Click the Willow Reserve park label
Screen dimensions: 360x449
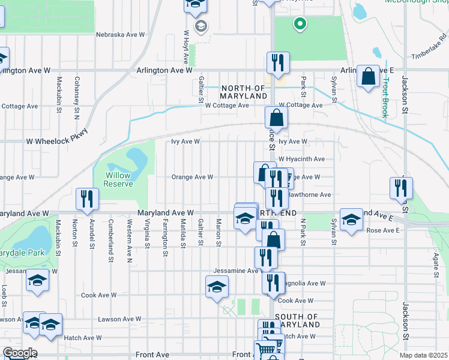pyautogui.click(x=119, y=179)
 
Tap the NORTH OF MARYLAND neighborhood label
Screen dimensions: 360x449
pyautogui.click(x=243, y=92)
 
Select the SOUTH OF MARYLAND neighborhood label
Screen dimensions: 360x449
pyautogui.click(x=297, y=320)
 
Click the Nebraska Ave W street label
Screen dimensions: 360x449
pyautogui.click(x=120, y=35)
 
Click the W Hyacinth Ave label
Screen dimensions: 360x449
pyautogui.click(x=301, y=159)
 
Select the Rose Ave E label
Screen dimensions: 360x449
pyautogui.click(x=382, y=230)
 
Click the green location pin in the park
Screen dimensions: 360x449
pyautogui.click(x=299, y=25)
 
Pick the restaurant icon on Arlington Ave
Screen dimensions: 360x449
pyautogui.click(x=277, y=63)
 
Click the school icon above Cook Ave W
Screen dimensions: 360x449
pyautogui.click(x=217, y=287)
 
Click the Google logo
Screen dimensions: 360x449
pyautogui.click(x=20, y=353)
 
